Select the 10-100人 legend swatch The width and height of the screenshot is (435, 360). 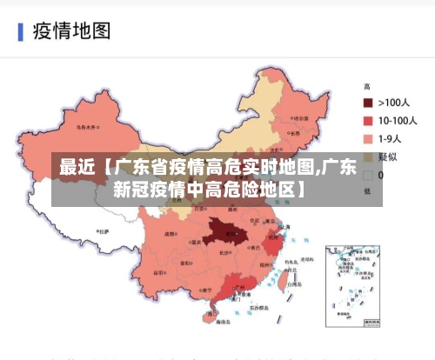click(368, 121)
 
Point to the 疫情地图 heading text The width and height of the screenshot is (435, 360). click(71, 32)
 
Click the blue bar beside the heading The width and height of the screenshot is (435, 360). click(20, 32)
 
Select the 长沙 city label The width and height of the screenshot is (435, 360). click(224, 253)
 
